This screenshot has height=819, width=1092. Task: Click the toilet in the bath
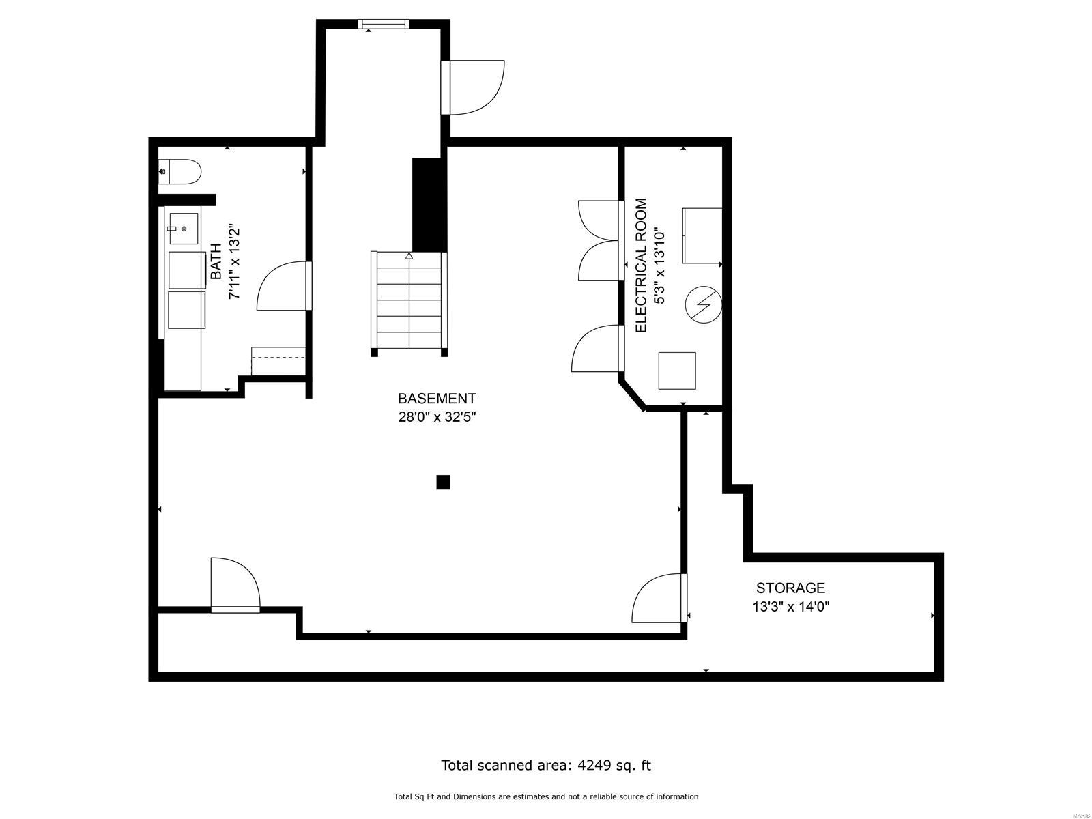click(181, 172)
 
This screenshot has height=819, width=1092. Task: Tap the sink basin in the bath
click(184, 229)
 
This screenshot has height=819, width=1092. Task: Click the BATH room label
click(216, 261)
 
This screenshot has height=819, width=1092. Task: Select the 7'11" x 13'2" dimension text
click(234, 261)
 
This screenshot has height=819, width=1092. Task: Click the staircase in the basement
click(408, 302)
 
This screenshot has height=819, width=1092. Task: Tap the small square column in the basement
click(443, 483)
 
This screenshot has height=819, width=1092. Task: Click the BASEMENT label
click(437, 399)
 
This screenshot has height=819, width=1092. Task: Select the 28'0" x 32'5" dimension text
click(437, 417)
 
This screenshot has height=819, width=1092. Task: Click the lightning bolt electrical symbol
click(704, 304)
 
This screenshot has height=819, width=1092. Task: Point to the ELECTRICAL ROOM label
click(641, 265)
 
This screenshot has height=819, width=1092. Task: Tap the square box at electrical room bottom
click(677, 371)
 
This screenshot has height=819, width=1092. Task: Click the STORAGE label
click(790, 588)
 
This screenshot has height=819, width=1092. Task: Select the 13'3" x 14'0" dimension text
click(790, 606)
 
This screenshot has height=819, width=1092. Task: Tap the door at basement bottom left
click(235, 584)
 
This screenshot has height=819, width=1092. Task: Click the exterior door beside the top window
click(473, 87)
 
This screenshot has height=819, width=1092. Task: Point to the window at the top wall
click(384, 25)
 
